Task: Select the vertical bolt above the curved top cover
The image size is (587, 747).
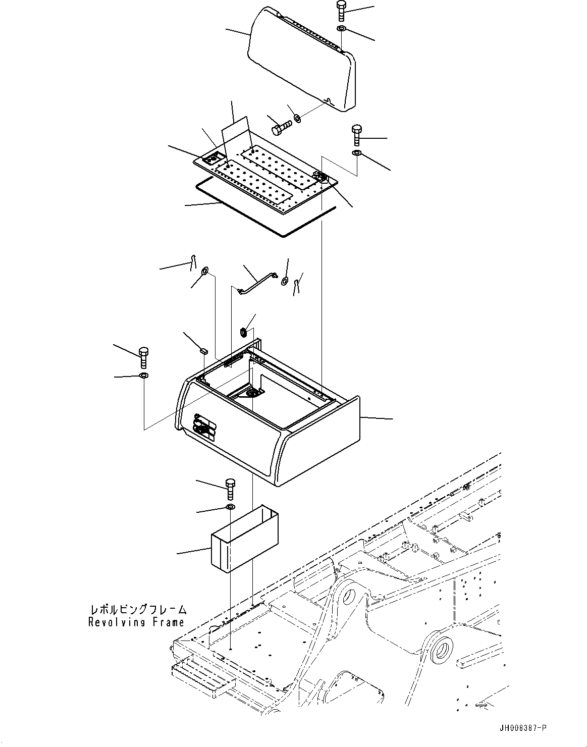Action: click(340, 11)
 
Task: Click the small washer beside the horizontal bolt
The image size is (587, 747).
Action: click(298, 119)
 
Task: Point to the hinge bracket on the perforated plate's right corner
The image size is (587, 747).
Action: click(322, 177)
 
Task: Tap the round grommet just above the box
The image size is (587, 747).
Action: click(243, 332)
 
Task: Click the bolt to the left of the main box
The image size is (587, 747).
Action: click(143, 356)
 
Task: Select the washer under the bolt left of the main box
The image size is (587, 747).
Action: click(144, 376)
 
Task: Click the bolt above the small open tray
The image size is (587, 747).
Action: click(230, 489)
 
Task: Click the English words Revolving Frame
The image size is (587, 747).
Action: click(136, 622)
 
